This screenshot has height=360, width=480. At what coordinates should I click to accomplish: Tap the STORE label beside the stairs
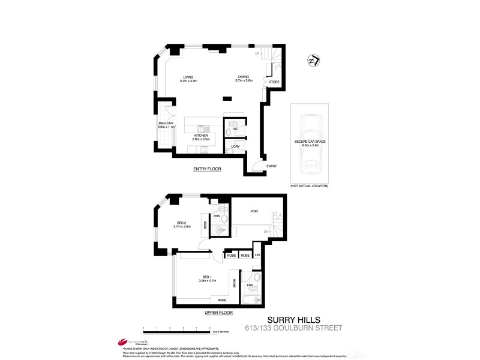274,82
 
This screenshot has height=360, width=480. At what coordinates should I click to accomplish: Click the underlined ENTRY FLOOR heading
207,169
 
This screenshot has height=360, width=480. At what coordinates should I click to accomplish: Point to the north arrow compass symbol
313,62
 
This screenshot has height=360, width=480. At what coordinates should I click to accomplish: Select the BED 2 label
182,224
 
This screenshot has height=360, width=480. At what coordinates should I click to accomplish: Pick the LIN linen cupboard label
257,254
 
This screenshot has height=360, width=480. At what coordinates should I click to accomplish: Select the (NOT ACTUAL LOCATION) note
309,186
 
